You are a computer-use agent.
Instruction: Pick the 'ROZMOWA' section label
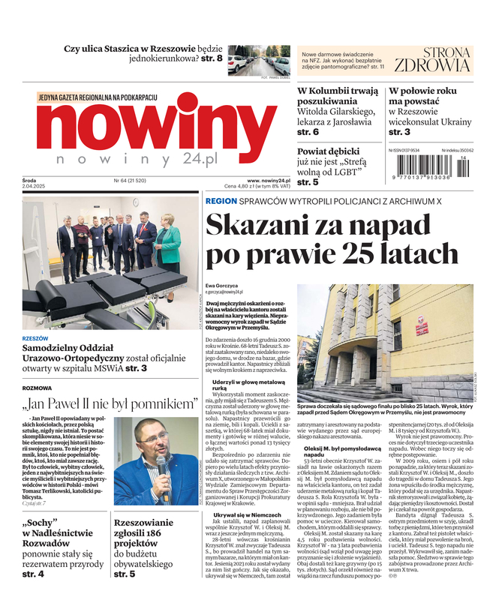(x=38, y=388)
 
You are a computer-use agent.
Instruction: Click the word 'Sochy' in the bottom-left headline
(x=43, y=521)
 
